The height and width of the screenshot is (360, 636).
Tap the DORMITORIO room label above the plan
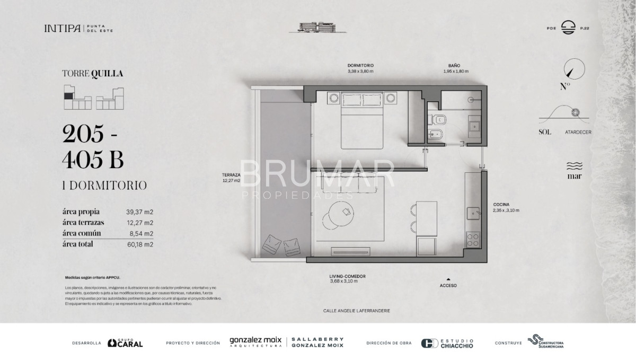click(x=361, y=66)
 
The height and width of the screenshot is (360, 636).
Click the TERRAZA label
click(x=232, y=175)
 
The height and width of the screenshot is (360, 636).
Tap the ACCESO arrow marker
click(x=448, y=279)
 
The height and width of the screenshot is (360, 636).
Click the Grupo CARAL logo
click(x=125, y=343)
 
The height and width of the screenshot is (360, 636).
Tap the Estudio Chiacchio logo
click(x=447, y=343)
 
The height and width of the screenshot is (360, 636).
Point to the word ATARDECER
click(x=578, y=132)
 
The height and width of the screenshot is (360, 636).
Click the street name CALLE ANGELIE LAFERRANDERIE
click(x=356, y=311)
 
